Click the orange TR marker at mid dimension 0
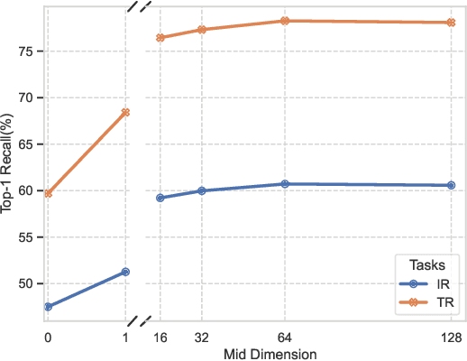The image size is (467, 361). point(48,193)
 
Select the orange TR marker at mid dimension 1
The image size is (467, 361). point(125,113)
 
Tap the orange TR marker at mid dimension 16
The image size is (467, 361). point(160,38)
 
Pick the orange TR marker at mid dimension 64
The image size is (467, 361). point(285,20)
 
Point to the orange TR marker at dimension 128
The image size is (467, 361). point(451,23)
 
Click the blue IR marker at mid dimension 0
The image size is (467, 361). point(48,307)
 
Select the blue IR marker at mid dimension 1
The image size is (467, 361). point(125,272)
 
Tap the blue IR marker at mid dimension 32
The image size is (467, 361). point(202,190)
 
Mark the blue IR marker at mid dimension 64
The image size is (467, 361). point(285,184)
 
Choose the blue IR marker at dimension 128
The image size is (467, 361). point(451,185)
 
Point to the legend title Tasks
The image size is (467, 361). point(426,264)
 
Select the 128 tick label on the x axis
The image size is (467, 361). point(450,337)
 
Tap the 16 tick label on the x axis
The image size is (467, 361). point(160,337)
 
